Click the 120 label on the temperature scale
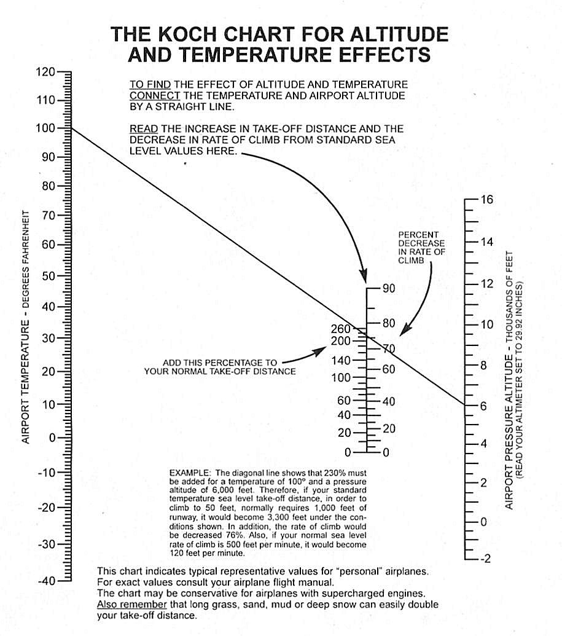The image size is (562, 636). (45, 72)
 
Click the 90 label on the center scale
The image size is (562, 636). (389, 289)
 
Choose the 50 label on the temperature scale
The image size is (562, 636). (47, 276)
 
